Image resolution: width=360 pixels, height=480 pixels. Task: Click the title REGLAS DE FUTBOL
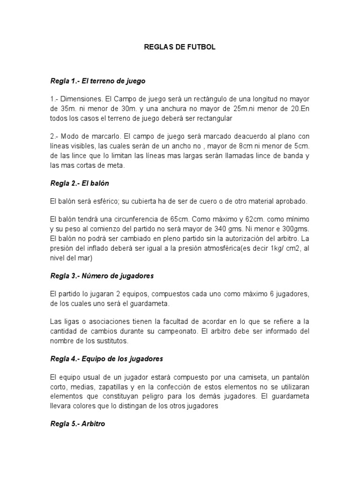click(x=180, y=48)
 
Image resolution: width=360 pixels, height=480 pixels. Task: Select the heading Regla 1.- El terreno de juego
click(x=98, y=81)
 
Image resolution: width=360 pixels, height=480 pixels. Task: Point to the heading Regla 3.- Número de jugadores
click(x=102, y=276)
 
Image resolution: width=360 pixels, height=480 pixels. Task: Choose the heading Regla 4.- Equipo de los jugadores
click(x=106, y=359)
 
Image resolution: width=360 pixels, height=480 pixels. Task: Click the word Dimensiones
click(x=82, y=99)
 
